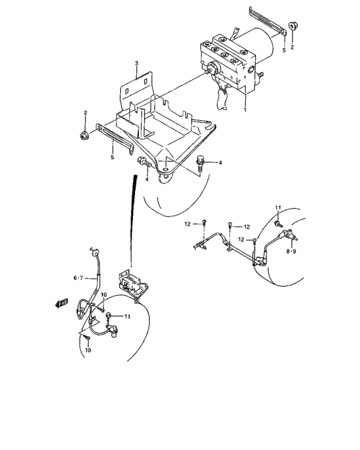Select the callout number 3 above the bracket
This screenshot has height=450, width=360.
click(x=137, y=63)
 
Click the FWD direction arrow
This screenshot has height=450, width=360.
click(x=62, y=303)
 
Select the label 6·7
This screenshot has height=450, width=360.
click(x=79, y=278)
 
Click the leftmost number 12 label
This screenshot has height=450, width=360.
click(x=188, y=224)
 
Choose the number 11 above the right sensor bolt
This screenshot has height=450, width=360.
click(x=279, y=207)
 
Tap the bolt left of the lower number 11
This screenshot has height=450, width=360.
click(x=111, y=314)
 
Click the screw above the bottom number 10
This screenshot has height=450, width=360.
click(x=84, y=336)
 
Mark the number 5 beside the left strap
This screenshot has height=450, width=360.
click(x=112, y=156)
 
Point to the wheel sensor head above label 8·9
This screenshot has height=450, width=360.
click(x=292, y=237)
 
